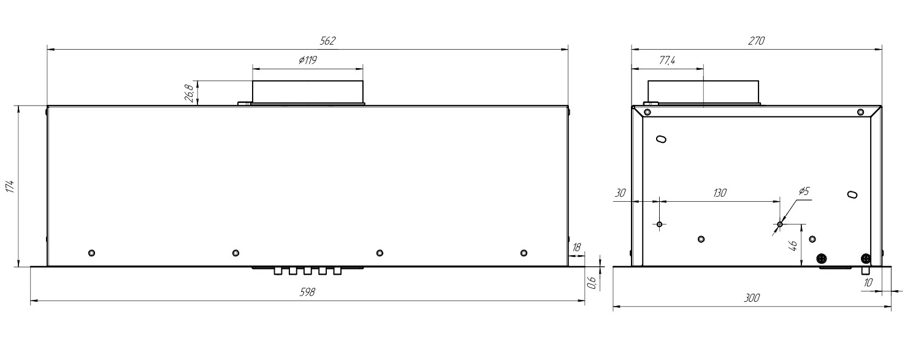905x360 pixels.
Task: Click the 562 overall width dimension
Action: pos(328,40)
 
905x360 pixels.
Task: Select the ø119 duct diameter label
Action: pos(307,60)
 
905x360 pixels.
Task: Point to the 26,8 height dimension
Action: pos(189,93)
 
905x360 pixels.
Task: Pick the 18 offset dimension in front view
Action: pos(576,248)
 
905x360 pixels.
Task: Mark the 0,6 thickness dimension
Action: pos(592,282)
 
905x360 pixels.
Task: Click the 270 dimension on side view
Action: pos(757,41)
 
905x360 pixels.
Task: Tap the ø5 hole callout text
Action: pos(804,191)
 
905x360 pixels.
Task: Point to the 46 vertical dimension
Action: pos(792,245)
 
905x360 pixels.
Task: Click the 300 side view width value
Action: pos(752,298)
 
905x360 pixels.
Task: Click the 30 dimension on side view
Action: pos(620,193)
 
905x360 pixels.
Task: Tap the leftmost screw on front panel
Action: pos(91,253)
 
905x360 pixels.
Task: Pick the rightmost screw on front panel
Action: pos(523,253)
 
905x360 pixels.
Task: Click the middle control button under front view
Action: pos(307,270)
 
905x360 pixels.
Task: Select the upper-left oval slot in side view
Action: pos(661,139)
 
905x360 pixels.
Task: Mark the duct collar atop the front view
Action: pos(308,91)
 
